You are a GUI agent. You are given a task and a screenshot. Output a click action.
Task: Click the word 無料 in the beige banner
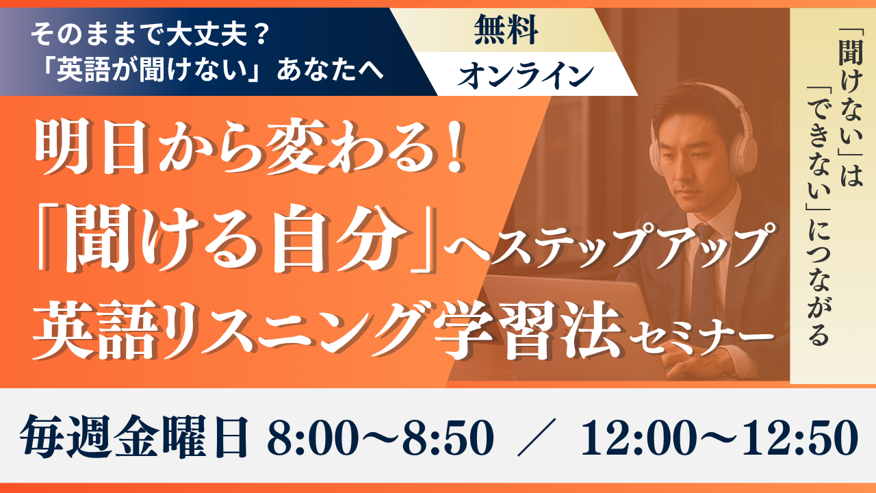tap(506, 29)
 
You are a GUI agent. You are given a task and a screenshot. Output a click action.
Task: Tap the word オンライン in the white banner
tap(526, 75)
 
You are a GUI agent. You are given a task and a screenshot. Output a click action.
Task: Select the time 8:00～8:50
tap(380, 438)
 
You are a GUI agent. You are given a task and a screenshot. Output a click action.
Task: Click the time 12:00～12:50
tap(719, 438)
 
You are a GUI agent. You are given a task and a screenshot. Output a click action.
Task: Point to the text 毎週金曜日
tap(134, 437)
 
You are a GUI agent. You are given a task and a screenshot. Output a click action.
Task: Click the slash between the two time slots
tap(537, 438)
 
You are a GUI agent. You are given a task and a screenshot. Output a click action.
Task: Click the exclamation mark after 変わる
tap(455, 147)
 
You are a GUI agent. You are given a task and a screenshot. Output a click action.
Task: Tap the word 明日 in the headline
tap(91, 147)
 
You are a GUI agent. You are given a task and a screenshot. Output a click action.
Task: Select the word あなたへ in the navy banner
tap(331, 71)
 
